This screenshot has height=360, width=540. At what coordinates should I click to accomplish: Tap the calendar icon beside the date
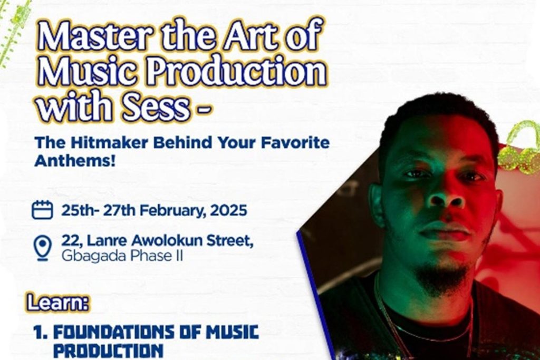coord(42,210)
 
